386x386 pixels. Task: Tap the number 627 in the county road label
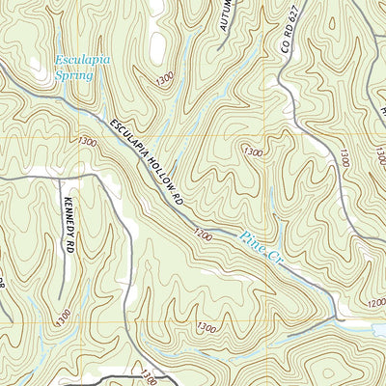pos(287,40)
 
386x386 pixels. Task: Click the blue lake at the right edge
pos(377,329)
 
